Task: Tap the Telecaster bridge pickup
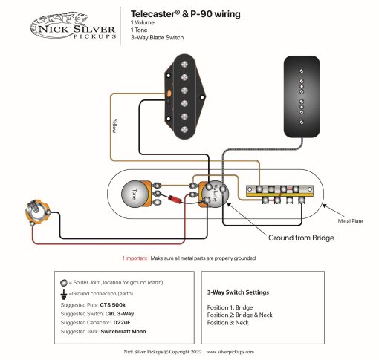(182, 96)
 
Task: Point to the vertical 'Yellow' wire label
(114, 125)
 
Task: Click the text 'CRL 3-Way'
(117, 314)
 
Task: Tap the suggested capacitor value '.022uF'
(124, 324)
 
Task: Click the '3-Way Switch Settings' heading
(238, 292)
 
